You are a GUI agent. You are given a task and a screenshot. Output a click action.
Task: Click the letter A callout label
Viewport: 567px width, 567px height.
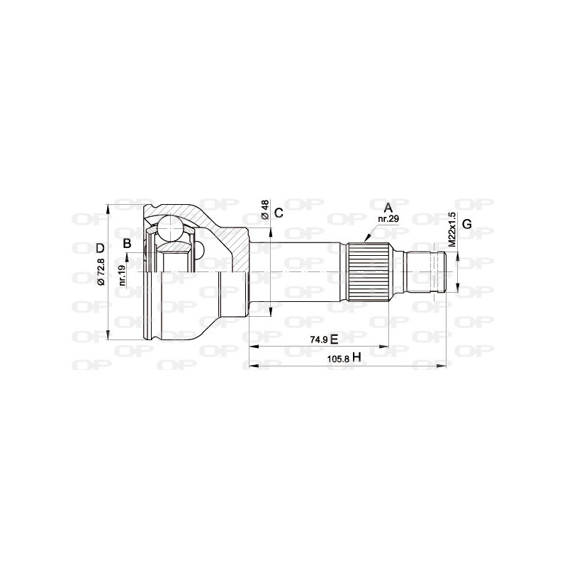pos(388,208)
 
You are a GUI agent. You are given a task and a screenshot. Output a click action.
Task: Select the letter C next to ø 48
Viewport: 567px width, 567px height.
pos(279,213)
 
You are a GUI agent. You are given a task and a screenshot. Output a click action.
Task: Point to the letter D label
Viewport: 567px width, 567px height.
pos(101,248)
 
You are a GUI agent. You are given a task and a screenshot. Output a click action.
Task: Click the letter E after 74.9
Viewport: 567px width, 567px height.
pos(335,339)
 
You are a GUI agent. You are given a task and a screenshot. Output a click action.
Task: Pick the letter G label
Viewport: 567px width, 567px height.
pos(466,224)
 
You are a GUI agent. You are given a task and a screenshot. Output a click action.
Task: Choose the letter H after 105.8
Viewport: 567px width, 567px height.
pos(357,358)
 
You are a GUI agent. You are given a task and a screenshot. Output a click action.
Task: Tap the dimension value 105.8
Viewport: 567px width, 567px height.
pos(337,359)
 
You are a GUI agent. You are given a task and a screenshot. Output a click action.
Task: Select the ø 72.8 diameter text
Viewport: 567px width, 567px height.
pos(101,272)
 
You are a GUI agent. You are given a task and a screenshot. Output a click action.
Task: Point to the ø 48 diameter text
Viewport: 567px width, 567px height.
pos(264,210)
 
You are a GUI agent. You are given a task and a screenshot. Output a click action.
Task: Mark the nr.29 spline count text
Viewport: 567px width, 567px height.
pos(388,219)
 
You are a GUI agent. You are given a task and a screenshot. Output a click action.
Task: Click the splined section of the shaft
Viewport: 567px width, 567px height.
pos(368,272)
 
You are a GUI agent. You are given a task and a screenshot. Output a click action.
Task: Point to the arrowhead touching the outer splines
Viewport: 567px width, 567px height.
pos(366,239)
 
